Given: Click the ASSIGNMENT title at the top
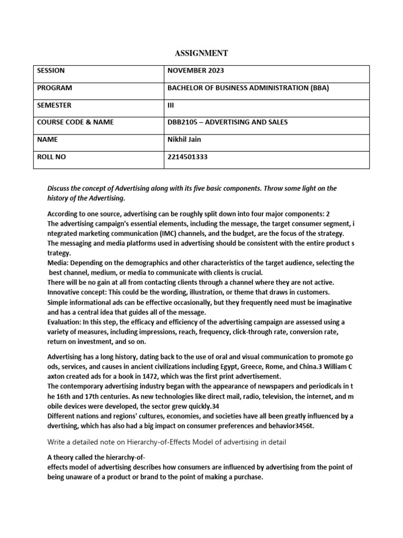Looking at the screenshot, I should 201,53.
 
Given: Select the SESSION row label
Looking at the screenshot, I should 50,70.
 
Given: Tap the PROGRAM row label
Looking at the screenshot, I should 54,88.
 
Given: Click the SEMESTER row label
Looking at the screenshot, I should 54,105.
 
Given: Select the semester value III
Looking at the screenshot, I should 170,105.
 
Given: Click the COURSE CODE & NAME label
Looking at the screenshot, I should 75,122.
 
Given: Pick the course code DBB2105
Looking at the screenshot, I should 182,122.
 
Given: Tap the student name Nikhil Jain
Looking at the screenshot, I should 184,139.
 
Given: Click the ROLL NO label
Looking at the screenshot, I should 51,156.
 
